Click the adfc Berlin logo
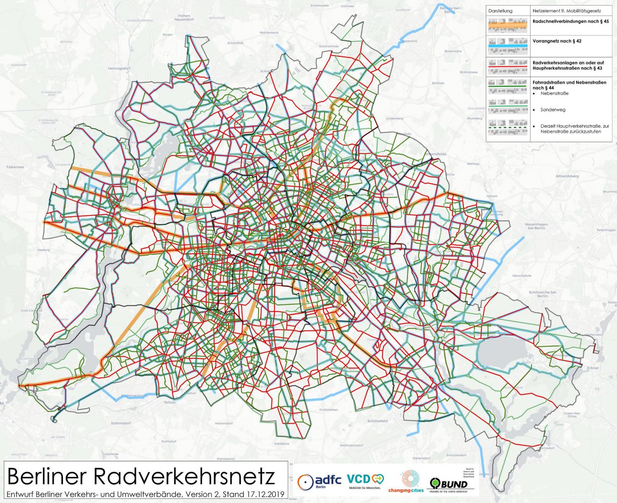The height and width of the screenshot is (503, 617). click(319, 480)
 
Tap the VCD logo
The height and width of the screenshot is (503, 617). click(364, 480)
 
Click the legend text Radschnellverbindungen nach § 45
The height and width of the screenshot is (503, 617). click(571, 21)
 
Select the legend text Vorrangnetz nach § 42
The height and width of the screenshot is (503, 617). click(557, 41)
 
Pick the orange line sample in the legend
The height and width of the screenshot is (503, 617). click(508, 25)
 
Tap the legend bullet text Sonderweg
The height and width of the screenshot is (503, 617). click(553, 110)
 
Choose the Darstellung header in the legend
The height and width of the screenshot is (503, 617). click(500, 11)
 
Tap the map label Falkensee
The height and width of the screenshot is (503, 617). click(15, 167)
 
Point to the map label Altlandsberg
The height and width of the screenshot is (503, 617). click(567, 176)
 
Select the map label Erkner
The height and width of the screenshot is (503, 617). click(593, 368)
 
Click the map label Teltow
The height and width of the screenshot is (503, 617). click(169, 402)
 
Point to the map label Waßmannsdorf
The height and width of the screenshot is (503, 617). click(352, 445)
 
